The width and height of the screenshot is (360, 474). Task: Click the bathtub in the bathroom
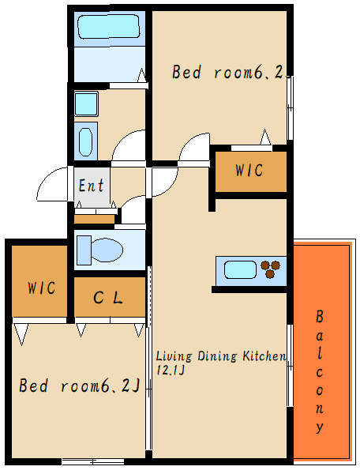click(109, 27)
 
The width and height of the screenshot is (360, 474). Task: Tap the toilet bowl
click(107, 250)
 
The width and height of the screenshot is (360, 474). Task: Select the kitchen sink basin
click(241, 269)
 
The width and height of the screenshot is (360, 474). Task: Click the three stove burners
click(270, 269)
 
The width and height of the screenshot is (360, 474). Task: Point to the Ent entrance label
click(92, 186)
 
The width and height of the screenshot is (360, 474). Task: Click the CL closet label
click(108, 298)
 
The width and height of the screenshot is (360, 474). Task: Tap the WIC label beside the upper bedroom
click(249, 170)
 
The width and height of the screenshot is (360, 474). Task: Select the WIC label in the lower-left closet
click(42, 288)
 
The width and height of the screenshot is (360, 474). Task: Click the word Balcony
click(320, 372)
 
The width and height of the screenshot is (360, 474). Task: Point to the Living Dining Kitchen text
click(221, 356)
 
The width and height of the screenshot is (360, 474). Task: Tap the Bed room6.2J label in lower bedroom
click(80, 386)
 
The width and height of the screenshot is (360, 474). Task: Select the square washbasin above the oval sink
click(86, 103)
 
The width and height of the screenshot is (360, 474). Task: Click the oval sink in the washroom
click(85, 141)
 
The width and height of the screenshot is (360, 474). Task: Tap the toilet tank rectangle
click(84, 250)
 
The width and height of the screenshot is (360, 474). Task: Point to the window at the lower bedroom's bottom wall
click(93, 461)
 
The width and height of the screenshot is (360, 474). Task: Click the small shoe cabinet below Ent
click(95, 219)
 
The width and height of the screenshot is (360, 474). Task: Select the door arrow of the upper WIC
click(265, 137)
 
